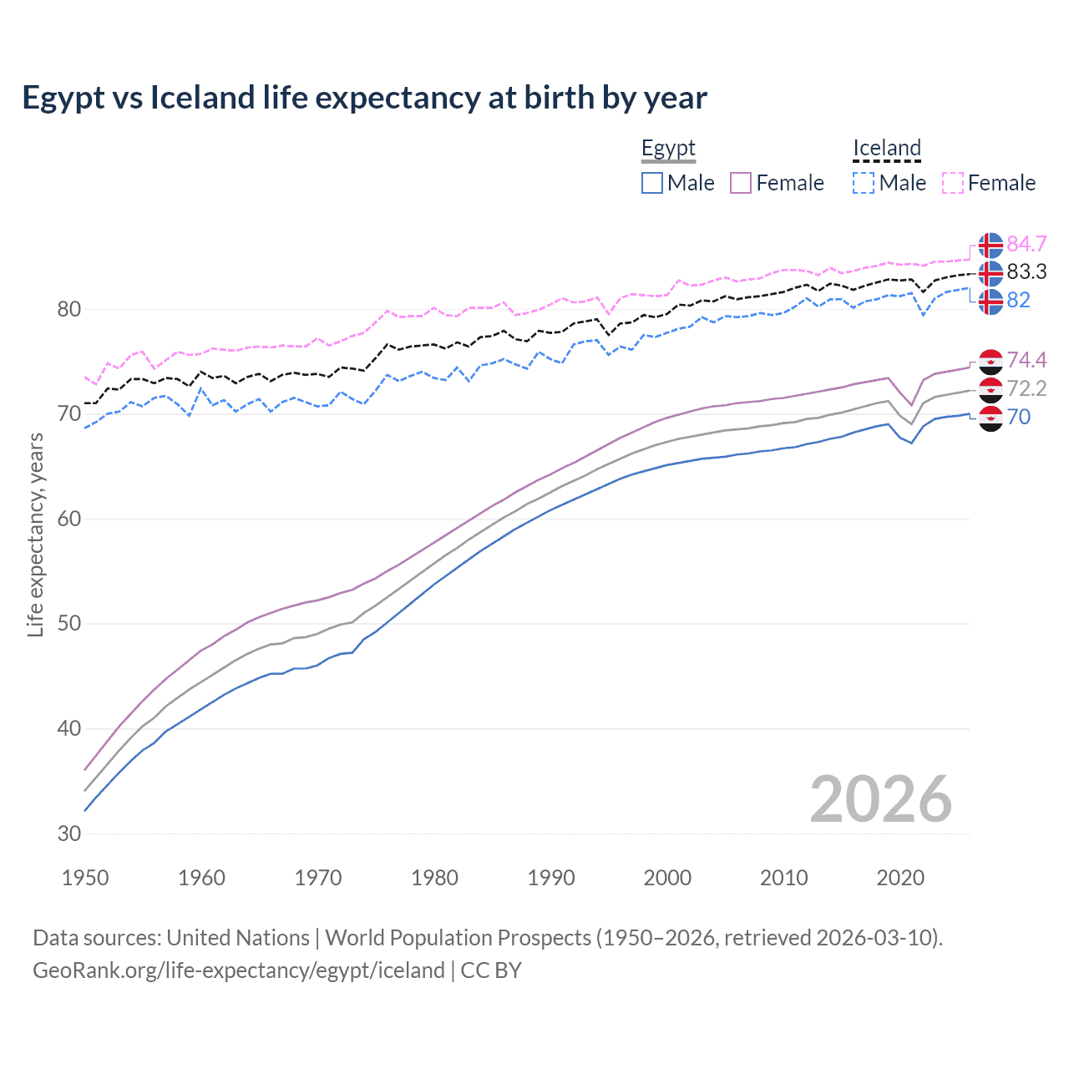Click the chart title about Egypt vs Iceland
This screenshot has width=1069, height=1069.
click(x=364, y=98)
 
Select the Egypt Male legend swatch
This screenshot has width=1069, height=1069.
click(x=652, y=183)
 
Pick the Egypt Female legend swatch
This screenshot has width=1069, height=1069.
click(x=741, y=183)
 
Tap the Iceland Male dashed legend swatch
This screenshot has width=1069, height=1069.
click(x=864, y=183)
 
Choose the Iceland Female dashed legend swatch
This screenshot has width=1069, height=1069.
click(x=952, y=183)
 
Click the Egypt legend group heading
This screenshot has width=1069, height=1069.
click(x=668, y=149)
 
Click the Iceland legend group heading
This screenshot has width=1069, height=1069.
click(x=886, y=149)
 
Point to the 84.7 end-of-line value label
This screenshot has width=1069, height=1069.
click(x=1026, y=244)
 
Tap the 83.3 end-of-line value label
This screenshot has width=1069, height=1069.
click(x=1026, y=272)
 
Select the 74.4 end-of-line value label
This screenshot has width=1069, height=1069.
click(x=1026, y=360)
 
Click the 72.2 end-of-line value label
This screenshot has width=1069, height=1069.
click(x=1026, y=388)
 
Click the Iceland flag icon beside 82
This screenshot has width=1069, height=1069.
click(x=990, y=301)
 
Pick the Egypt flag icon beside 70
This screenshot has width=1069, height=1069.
click(x=990, y=418)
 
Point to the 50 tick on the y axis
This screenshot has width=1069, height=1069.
click(x=69, y=624)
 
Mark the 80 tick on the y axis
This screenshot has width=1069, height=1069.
click(x=69, y=310)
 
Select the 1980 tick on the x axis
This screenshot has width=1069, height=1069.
click(x=434, y=878)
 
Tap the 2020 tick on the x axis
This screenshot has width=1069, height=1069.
click(x=900, y=878)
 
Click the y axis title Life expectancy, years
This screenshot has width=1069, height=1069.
click(x=35, y=534)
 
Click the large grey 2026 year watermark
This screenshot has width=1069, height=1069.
click(x=880, y=799)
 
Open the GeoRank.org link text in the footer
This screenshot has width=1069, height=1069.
click(x=239, y=970)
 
